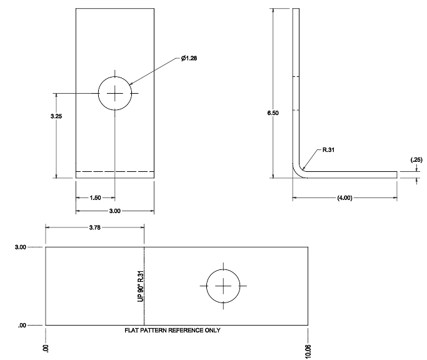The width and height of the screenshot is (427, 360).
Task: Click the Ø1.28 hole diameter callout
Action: pyautogui.click(x=189, y=58)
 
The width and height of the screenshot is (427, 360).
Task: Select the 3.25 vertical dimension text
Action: pyautogui.click(x=56, y=116)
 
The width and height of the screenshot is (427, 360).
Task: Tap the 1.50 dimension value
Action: pyautogui.click(x=95, y=197)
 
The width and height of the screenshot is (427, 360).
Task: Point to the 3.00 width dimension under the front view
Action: pyautogui.click(x=114, y=211)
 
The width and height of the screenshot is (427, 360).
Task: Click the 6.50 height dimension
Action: pyautogui.click(x=273, y=113)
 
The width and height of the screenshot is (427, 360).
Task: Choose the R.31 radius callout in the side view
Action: pyautogui.click(x=328, y=150)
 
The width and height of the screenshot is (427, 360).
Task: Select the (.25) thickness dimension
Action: pyautogui.click(x=416, y=160)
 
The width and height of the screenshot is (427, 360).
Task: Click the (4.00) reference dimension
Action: pyautogui.click(x=344, y=197)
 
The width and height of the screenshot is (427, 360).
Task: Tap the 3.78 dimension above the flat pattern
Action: pyautogui.click(x=95, y=227)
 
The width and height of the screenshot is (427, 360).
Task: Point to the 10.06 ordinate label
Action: pyautogui.click(x=308, y=351)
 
